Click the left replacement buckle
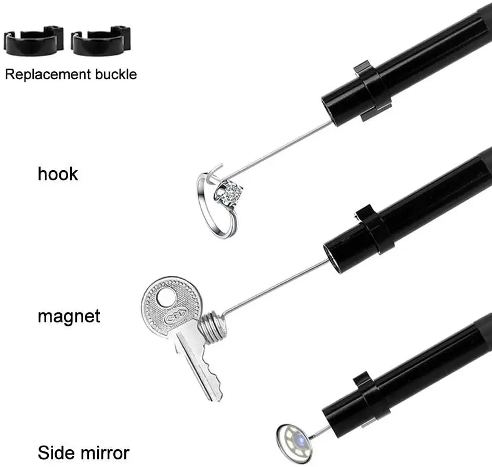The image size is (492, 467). [x=33, y=41]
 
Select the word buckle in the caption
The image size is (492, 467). [x=115, y=74]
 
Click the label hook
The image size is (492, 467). [x=57, y=173]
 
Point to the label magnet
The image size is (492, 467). [x=69, y=315]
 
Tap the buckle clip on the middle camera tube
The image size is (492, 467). [x=373, y=231]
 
